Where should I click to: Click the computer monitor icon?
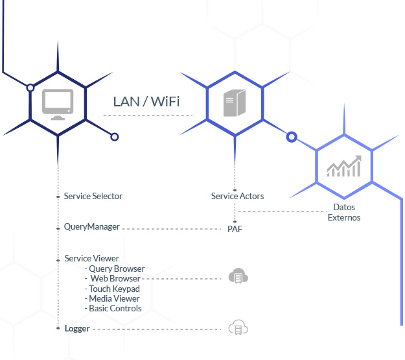point(58,104)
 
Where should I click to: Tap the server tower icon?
point(235,102)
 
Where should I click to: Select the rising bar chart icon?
point(344,166)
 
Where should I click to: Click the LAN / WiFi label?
point(146,101)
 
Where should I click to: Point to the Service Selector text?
point(93,196)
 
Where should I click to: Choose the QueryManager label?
point(92,227)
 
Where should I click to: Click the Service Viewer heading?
point(92,258)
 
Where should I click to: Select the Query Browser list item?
point(115,269)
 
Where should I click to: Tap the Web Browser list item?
point(113,278)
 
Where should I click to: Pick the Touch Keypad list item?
point(112,289)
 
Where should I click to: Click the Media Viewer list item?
point(112,298)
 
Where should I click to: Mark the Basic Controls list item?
point(113,308)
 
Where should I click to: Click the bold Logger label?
point(77,328)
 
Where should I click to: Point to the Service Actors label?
point(237,196)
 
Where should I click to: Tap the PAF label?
point(235,229)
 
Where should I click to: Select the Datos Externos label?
point(344,212)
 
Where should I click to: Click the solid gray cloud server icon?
point(238,276)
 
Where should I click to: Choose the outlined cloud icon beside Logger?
point(238,328)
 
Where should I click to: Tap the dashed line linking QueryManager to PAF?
point(172,229)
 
